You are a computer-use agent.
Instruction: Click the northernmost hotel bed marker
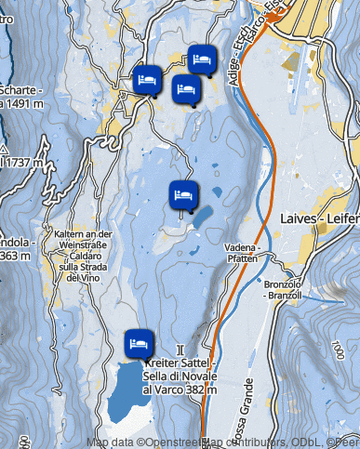[x=202, y=59]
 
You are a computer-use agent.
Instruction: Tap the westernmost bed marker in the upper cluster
[x=147, y=79]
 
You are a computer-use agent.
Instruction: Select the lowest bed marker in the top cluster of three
[x=186, y=90]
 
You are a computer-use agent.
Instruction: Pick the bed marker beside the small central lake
[x=183, y=195]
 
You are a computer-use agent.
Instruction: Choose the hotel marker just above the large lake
[x=139, y=343]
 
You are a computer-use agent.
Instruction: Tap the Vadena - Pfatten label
[x=241, y=254]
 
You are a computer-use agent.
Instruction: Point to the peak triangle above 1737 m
[x=5, y=148]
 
